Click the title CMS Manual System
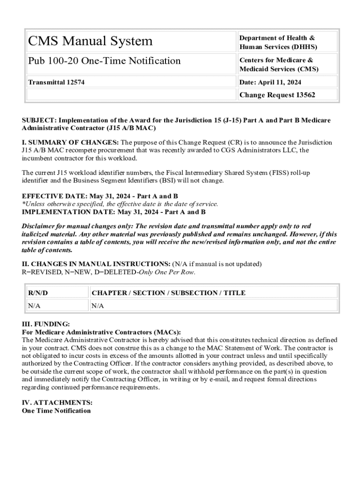click(x=90, y=41)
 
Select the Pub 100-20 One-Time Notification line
click(x=104, y=61)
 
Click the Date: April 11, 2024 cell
click(x=270, y=83)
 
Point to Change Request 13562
click(x=277, y=95)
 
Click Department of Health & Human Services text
click(x=278, y=42)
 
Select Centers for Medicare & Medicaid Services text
click(x=279, y=65)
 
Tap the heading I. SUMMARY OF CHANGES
click(x=70, y=142)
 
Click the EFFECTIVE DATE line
click(x=100, y=196)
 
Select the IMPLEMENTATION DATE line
click(x=114, y=212)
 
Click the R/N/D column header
click(x=38, y=293)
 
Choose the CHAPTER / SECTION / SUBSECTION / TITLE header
click(x=168, y=293)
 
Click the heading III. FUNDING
click(x=46, y=324)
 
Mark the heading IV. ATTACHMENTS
click(x=57, y=402)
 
